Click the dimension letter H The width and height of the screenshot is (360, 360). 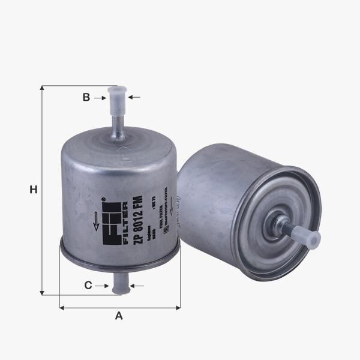[34, 190]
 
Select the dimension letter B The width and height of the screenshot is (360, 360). [86, 97]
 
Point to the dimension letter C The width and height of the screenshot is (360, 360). [88, 286]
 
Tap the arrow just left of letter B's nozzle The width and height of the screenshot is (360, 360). [100, 97]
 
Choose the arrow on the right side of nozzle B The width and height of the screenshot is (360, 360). [134, 97]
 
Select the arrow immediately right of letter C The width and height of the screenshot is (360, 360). [101, 286]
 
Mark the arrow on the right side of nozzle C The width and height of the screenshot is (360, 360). [137, 286]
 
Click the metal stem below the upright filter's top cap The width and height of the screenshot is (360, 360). [118, 126]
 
